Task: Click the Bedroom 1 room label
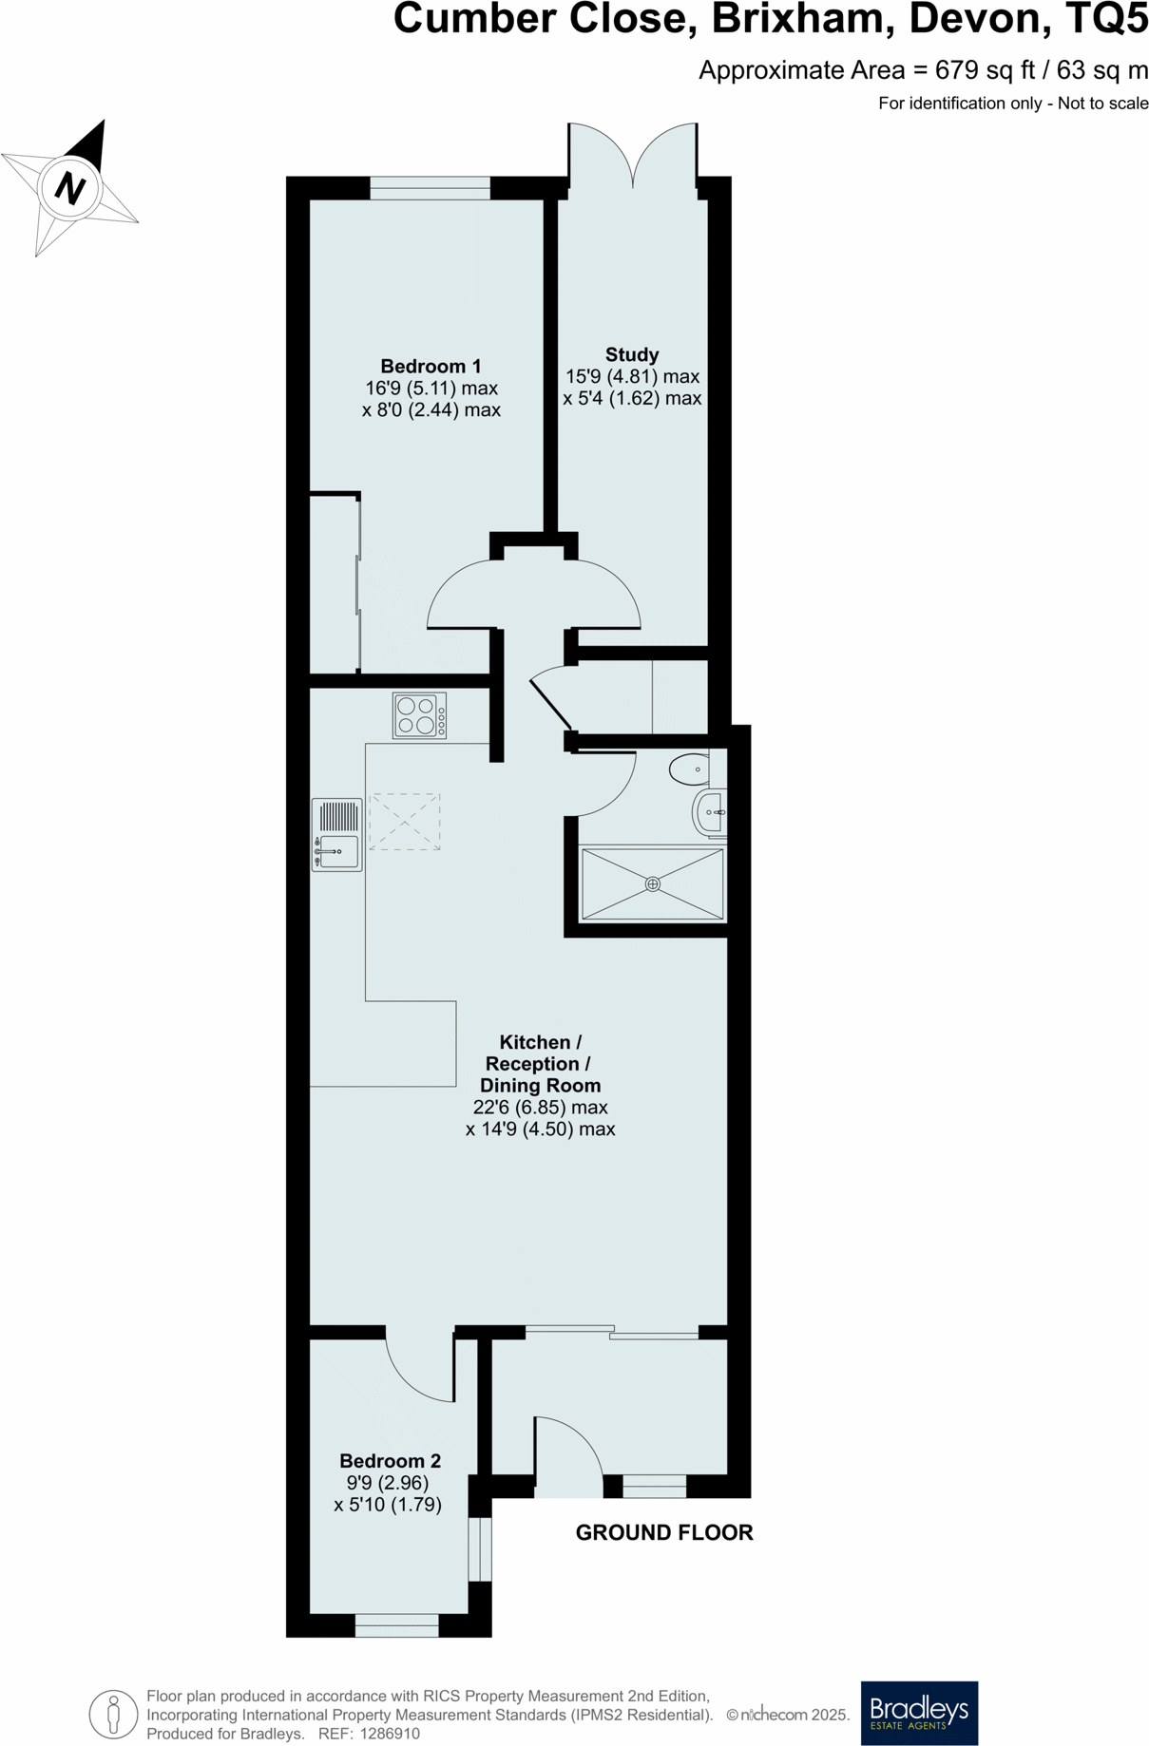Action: click(x=431, y=367)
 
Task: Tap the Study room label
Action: click(x=632, y=355)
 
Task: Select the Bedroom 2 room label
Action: click(x=390, y=1461)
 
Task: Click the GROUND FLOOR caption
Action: click(x=664, y=1532)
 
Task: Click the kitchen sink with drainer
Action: click(x=336, y=835)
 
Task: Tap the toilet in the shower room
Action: click(x=691, y=769)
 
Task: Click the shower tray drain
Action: click(x=652, y=884)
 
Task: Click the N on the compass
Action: click(x=69, y=187)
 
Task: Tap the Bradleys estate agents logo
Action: click(x=918, y=1713)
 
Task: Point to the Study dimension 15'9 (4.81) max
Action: click(x=632, y=377)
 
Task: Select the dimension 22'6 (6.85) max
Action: click(x=540, y=1108)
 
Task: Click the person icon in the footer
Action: click(x=113, y=1715)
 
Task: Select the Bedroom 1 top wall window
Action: click(x=430, y=188)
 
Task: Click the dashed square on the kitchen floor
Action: click(x=405, y=822)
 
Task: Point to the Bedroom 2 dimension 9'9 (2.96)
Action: click(x=388, y=1483)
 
